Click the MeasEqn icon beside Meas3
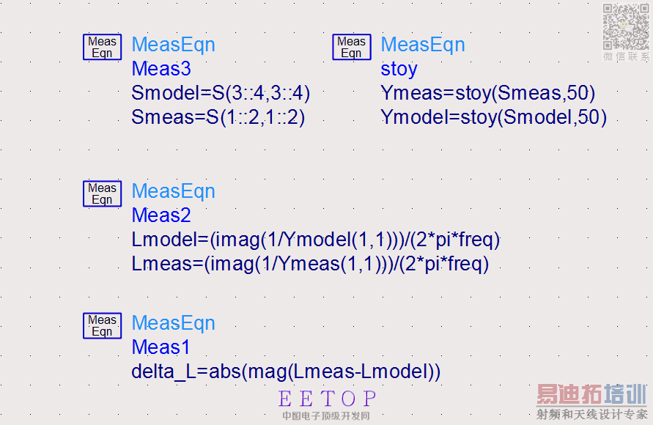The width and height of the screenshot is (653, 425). (102, 47)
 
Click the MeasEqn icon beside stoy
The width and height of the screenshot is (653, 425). (351, 47)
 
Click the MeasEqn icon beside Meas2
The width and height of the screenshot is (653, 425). (102, 193)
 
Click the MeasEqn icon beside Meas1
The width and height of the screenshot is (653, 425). (102, 325)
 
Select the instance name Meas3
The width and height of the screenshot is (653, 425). (161, 69)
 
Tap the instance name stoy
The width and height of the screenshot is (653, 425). (399, 69)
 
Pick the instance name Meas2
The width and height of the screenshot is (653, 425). (161, 215)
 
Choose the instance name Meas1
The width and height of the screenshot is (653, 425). (161, 347)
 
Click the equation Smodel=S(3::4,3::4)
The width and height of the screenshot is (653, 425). (221, 93)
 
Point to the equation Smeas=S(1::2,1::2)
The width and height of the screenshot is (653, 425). (218, 117)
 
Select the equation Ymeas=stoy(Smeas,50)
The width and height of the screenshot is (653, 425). (487, 93)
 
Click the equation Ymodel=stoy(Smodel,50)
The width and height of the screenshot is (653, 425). (493, 117)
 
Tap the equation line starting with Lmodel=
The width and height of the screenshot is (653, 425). (316, 240)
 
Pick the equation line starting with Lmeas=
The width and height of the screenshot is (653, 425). (310, 264)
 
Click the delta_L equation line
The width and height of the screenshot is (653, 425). (286, 372)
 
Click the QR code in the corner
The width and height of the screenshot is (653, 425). (626, 27)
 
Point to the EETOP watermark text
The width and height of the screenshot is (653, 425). (327, 399)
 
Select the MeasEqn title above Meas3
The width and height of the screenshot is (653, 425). (173, 45)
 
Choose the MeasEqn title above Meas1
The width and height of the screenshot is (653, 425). (173, 323)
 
